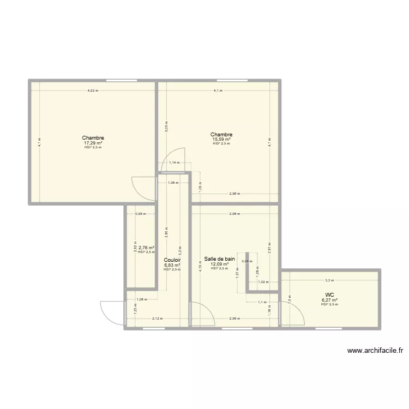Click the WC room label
(329, 294)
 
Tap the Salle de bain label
(219, 259)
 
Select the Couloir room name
(172, 260)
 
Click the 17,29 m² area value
(93, 143)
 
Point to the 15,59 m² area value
(221, 140)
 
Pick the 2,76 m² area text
(146, 248)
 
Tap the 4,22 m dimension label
(93, 91)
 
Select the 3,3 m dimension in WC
(329, 280)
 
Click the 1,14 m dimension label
(173, 162)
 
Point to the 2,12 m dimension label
(157, 318)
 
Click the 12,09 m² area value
(219, 264)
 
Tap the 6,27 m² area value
(329, 299)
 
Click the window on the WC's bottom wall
(329, 328)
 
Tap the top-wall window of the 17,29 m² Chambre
(121, 81)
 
